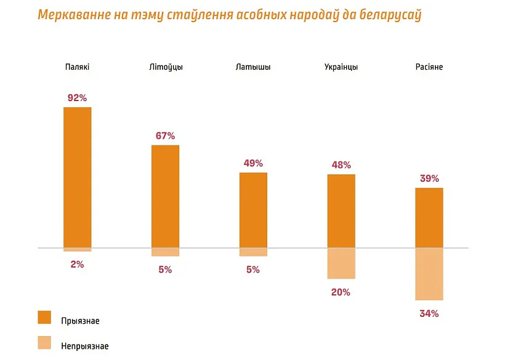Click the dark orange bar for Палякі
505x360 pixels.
click(x=78, y=178)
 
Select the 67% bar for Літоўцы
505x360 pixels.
click(x=165, y=196)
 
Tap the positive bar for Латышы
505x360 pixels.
click(x=253, y=210)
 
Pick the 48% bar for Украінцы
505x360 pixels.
click(x=341, y=211)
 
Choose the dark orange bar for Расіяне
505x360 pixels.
click(x=429, y=218)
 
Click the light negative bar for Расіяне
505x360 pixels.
click(x=429, y=274)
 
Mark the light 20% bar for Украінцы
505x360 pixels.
click(x=341, y=263)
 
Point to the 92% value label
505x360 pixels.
click(x=78, y=97)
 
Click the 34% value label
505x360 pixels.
click(x=429, y=314)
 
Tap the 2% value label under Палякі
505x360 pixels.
click(x=78, y=264)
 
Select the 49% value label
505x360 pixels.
click(x=253, y=163)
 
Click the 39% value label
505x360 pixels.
click(x=429, y=179)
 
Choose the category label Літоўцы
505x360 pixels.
click(x=166, y=67)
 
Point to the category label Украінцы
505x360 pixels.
click(x=341, y=67)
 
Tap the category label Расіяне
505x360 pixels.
click(x=429, y=67)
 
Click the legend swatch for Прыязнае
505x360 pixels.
click(x=44, y=317)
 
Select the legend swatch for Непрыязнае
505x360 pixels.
click(x=44, y=343)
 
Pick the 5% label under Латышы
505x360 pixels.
click(x=253, y=269)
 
